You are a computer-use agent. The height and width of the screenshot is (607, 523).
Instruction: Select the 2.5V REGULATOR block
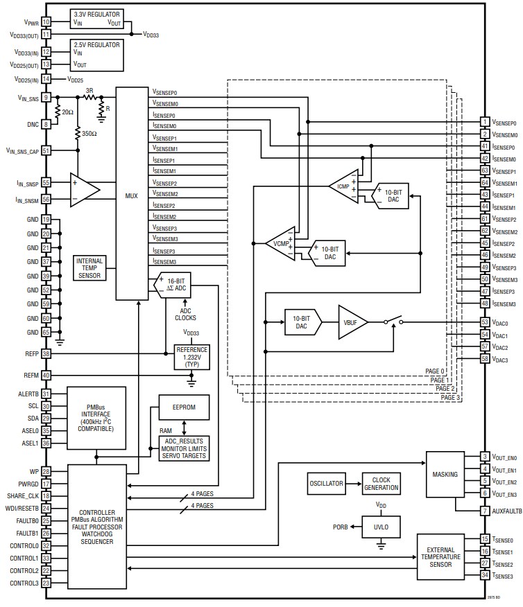coord(97,54)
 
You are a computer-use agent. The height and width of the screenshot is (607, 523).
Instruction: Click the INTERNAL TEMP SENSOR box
coord(90,267)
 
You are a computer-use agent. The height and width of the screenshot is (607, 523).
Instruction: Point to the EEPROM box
coord(183,407)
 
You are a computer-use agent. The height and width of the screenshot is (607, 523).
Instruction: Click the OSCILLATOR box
coord(325,484)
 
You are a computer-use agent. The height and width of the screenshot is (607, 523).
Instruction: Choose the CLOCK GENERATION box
coord(381,484)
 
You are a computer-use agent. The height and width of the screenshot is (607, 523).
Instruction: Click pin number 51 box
coord(46,150)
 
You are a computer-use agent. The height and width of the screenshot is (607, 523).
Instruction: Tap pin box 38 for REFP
coord(46,353)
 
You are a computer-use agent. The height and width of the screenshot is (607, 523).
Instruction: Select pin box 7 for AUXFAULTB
coord(486,511)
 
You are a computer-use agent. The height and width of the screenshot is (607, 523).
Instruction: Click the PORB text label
coord(341,526)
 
